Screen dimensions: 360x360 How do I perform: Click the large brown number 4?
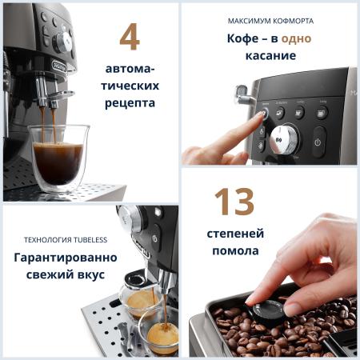(130, 37)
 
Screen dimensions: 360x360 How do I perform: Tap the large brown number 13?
(234, 202)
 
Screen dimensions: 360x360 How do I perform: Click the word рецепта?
(130, 103)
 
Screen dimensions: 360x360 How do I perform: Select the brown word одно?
(296, 38)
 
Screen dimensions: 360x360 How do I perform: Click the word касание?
(270, 55)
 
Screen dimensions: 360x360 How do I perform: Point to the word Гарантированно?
(66, 258)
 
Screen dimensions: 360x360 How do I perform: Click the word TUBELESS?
(90, 240)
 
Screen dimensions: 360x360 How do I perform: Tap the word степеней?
(235, 234)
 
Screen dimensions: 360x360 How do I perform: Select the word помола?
(235, 251)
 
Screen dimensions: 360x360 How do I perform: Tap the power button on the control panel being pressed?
(318, 142)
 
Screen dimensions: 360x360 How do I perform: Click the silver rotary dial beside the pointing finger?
(284, 138)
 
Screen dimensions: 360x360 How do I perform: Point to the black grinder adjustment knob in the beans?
(269, 311)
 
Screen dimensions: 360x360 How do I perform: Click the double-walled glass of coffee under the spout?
(59, 158)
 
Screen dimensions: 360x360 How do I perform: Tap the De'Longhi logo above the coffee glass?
(59, 66)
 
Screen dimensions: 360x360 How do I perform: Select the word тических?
(130, 86)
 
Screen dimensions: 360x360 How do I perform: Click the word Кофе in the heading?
(242, 38)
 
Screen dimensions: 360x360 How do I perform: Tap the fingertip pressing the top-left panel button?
(261, 114)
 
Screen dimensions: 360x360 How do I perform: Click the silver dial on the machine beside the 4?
(63, 42)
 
